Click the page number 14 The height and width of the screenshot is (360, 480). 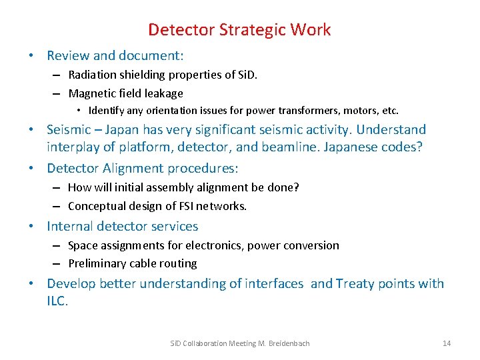pyautogui.click(x=447, y=343)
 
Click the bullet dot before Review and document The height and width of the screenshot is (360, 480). pyautogui.click(x=33, y=56)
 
